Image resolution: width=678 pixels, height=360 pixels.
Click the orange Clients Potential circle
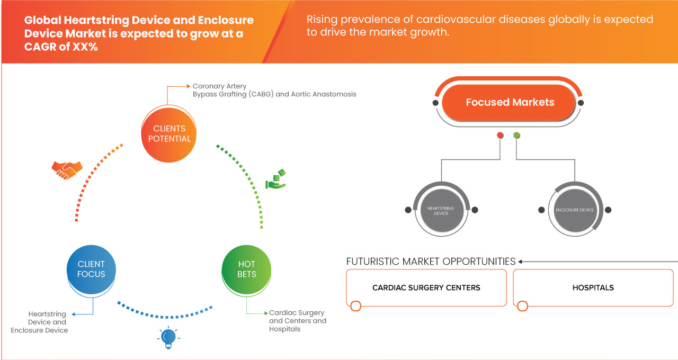169,133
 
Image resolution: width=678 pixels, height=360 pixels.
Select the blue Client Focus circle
91,269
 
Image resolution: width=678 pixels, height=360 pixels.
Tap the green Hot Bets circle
246,269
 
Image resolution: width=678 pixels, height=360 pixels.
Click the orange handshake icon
67,169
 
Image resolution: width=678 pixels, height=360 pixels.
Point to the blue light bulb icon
168,337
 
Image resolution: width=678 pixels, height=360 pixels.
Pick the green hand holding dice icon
276,179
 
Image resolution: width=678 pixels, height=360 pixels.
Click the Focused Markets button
510,102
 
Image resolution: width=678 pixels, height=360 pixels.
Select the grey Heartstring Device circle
441,210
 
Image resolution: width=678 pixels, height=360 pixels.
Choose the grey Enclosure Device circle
575,210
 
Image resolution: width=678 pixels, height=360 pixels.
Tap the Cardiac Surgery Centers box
426,287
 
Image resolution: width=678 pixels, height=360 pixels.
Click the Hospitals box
593,287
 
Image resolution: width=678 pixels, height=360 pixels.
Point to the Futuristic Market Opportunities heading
431,261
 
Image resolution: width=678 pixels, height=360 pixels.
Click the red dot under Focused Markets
500,136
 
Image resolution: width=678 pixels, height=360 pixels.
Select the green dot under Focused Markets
516,136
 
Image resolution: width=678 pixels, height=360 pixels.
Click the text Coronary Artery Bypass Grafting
274,90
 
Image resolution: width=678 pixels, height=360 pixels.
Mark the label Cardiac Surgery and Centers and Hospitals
297,321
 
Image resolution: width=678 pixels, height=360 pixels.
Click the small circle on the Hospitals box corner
522,306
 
